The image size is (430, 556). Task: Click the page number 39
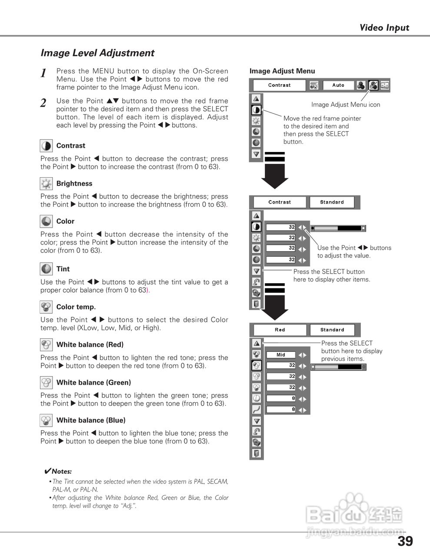tap(405, 541)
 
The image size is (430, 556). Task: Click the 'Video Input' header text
tap(384, 28)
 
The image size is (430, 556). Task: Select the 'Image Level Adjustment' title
tap(97, 53)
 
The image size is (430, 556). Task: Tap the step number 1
tap(43, 73)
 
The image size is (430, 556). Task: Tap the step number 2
tap(43, 103)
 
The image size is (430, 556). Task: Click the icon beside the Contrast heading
tap(46, 146)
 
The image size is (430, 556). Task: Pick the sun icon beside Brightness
tap(46, 184)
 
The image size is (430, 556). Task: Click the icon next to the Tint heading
tap(46, 269)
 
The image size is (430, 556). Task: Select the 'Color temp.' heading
tap(76, 307)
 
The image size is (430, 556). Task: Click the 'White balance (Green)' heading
tap(93, 383)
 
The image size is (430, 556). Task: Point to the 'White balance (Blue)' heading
tap(91, 420)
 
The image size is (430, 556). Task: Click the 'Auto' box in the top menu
tap(338, 85)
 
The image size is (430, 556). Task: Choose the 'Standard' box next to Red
tap(332, 330)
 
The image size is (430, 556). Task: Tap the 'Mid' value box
tap(281, 355)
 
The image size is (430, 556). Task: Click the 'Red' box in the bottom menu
tap(280, 330)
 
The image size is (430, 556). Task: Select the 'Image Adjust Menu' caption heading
tap(282, 71)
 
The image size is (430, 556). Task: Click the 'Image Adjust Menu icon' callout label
tap(346, 105)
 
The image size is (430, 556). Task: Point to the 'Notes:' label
tap(61, 471)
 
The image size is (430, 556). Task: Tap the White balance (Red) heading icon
tap(46, 345)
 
